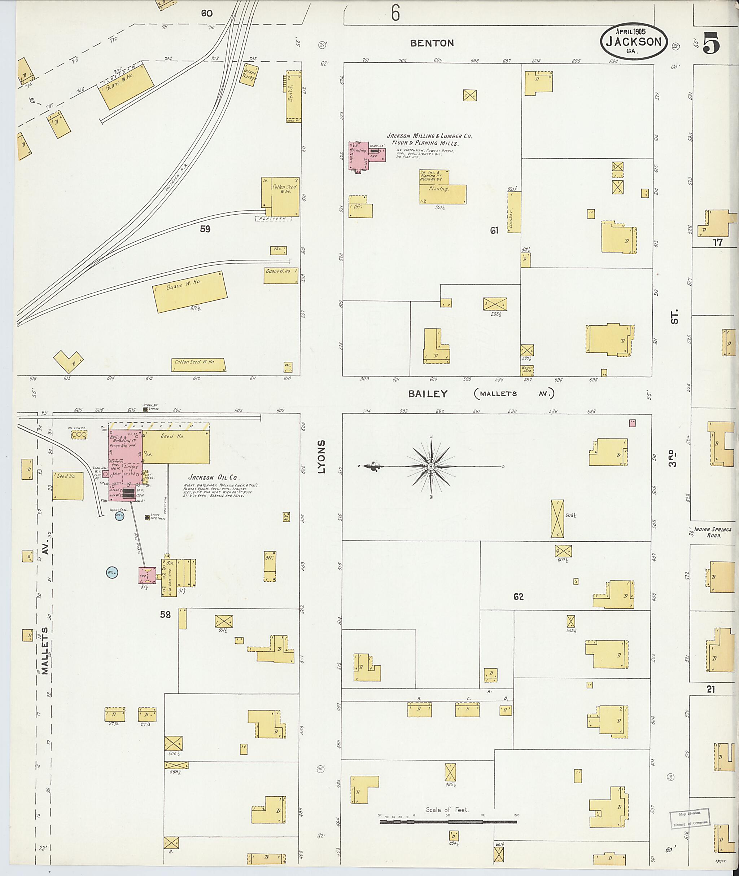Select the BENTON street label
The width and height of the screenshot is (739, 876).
[x=432, y=43]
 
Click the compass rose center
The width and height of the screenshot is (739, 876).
[x=431, y=466]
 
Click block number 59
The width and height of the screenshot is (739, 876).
[x=205, y=229]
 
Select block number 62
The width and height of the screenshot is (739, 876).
[x=518, y=597]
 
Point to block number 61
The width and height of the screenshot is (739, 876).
[x=494, y=230]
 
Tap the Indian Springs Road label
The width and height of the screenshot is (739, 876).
[x=713, y=532]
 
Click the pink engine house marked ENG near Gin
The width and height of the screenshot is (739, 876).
[x=147, y=576]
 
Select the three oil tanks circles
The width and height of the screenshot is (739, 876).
[x=79, y=435]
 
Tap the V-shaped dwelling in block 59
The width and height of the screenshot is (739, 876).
[x=68, y=361]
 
